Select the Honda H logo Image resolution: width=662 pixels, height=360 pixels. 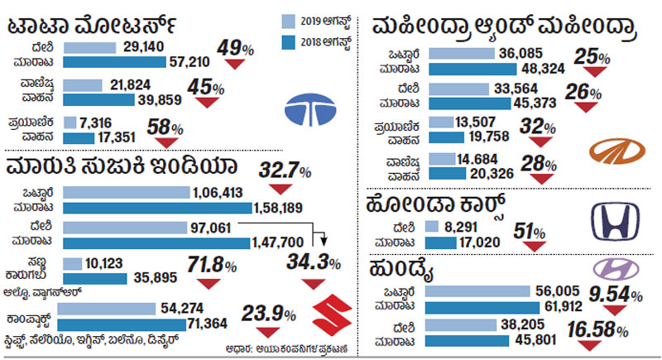pos(614,222)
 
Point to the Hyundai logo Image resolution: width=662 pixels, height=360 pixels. pos(613,268)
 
